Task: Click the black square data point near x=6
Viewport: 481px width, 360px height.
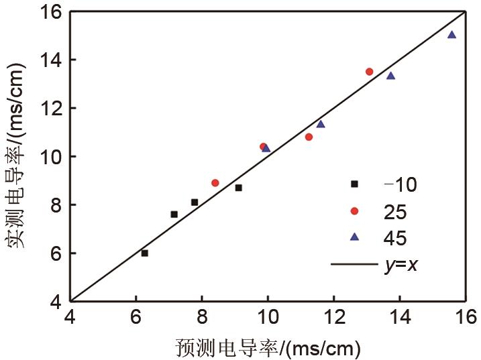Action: pyautogui.click(x=145, y=253)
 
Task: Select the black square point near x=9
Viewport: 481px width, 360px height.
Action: pyautogui.click(x=239, y=188)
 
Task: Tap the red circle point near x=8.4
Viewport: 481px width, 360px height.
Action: pyautogui.click(x=215, y=182)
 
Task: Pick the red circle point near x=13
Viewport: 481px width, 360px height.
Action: pyautogui.click(x=370, y=72)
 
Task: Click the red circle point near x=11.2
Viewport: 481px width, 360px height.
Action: pyautogui.click(x=309, y=137)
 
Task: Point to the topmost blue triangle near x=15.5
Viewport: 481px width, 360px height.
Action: pyautogui.click(x=451, y=34)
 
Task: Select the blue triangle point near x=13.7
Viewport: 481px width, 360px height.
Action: pyautogui.click(x=391, y=76)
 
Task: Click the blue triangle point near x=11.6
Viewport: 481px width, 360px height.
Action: pyautogui.click(x=321, y=124)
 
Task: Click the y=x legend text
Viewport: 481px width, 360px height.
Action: pyautogui.click(x=401, y=265)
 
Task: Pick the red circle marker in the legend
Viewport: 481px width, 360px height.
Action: pyautogui.click(x=355, y=211)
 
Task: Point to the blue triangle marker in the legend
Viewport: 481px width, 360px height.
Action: pyautogui.click(x=355, y=237)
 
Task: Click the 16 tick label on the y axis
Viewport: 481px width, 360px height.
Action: pyautogui.click(x=52, y=11)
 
